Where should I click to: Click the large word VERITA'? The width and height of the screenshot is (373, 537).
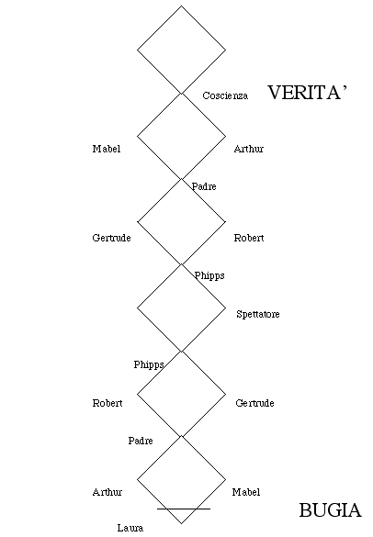pos(307,93)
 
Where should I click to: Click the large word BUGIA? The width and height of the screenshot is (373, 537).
pos(331,510)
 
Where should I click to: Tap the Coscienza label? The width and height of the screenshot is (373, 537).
pos(225,95)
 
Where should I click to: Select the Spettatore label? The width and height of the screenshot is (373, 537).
pos(258,314)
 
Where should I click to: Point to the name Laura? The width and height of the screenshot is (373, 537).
pos(130,528)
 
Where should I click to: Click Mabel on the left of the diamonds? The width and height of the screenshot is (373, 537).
pos(107,149)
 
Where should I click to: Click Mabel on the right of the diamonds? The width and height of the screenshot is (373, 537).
pos(246,492)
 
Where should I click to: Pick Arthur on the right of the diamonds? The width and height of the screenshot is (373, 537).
pos(249,149)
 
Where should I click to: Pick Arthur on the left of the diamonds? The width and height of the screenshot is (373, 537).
pos(107,492)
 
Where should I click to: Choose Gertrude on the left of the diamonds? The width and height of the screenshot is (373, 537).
pos(112,238)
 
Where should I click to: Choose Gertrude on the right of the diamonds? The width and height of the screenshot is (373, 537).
pos(254,403)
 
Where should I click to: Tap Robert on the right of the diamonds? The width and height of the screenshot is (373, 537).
pos(249,238)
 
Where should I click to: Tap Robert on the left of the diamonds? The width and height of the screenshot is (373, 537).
pos(107,403)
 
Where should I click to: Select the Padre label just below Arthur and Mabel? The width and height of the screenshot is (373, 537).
pos(204,186)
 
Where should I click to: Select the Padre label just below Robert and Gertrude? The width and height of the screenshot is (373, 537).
pos(141,441)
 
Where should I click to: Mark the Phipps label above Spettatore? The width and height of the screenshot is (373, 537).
pos(209,276)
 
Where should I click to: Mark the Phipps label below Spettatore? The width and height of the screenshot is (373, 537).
pos(149,365)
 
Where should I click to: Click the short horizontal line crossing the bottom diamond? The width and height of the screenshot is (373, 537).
pos(184,509)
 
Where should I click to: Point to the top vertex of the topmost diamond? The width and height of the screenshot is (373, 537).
pos(181,6)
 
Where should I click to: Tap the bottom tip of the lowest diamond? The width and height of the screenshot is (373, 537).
pos(182,523)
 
